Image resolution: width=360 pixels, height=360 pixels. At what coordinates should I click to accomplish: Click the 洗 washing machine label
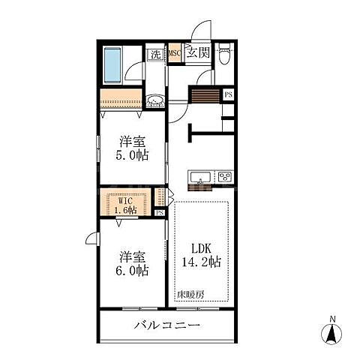[x=154, y=53]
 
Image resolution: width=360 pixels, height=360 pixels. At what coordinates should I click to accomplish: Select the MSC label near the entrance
[x=173, y=53]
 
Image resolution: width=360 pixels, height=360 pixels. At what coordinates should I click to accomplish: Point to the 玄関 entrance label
[x=198, y=53]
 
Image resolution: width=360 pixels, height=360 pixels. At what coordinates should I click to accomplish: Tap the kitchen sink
[x=199, y=178]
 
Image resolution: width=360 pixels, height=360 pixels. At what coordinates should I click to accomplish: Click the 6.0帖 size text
[x=130, y=269]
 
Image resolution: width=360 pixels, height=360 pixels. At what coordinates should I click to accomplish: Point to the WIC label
[x=124, y=200]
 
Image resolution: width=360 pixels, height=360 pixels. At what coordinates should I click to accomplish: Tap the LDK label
[x=200, y=247]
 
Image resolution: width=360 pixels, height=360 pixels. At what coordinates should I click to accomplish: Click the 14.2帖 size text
[x=200, y=262]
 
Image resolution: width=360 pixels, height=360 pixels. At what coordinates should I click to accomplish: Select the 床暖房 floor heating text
[x=190, y=295]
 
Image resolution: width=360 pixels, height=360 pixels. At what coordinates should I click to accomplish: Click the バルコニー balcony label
[x=166, y=325]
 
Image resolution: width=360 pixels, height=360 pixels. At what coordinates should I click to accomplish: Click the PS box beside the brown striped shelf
[x=229, y=94]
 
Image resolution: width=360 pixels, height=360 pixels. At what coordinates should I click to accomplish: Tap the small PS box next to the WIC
[x=160, y=213]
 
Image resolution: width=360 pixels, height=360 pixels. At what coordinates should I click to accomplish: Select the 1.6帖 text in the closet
[x=124, y=211]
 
